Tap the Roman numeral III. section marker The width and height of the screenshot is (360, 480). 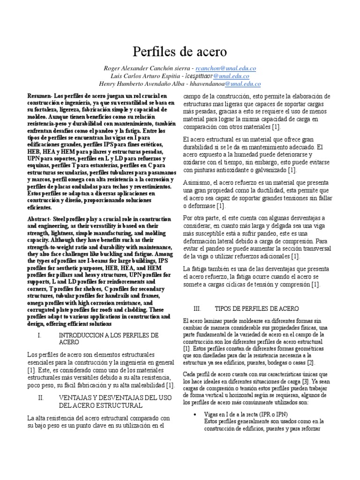[x=197, y=308]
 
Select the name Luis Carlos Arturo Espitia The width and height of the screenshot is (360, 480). [x=147, y=76]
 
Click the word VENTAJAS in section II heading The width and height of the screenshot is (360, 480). [x=76, y=397]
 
